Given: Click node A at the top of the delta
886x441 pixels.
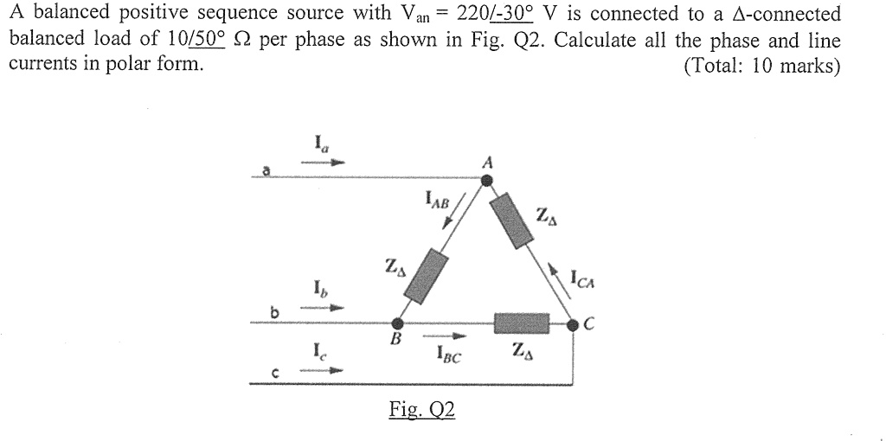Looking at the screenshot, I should [x=487, y=180].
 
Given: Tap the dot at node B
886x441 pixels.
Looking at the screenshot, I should [x=397, y=323].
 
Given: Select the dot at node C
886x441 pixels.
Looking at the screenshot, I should [x=572, y=324].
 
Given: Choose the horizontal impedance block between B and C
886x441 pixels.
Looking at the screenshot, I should [x=522, y=323].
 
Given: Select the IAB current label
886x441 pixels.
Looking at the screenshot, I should [x=438, y=202].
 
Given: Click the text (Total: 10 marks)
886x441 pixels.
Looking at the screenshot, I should [x=761, y=67].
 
